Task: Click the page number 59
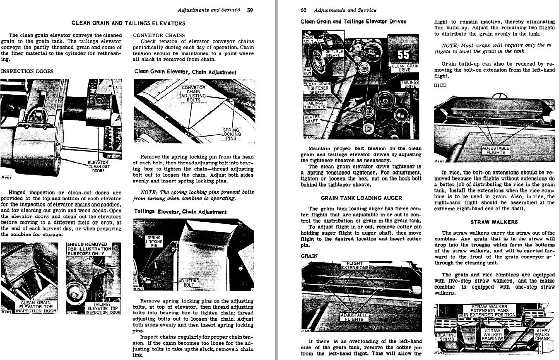(250, 10)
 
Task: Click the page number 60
(304, 10)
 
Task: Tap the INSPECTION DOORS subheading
(27, 71)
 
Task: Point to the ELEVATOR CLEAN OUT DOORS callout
(99, 166)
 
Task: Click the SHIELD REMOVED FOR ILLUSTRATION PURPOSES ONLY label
(89, 249)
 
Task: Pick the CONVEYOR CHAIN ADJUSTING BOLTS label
(193, 94)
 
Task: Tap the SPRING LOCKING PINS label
(231, 134)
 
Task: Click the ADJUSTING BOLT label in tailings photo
(189, 283)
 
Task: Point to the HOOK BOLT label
(308, 40)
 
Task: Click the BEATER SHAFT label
(311, 119)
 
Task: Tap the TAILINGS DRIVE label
(410, 84)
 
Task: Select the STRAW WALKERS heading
(494, 222)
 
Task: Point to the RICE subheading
(440, 85)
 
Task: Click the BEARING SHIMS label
(446, 336)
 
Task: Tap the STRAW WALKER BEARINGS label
(492, 334)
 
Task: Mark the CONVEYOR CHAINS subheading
(159, 35)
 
